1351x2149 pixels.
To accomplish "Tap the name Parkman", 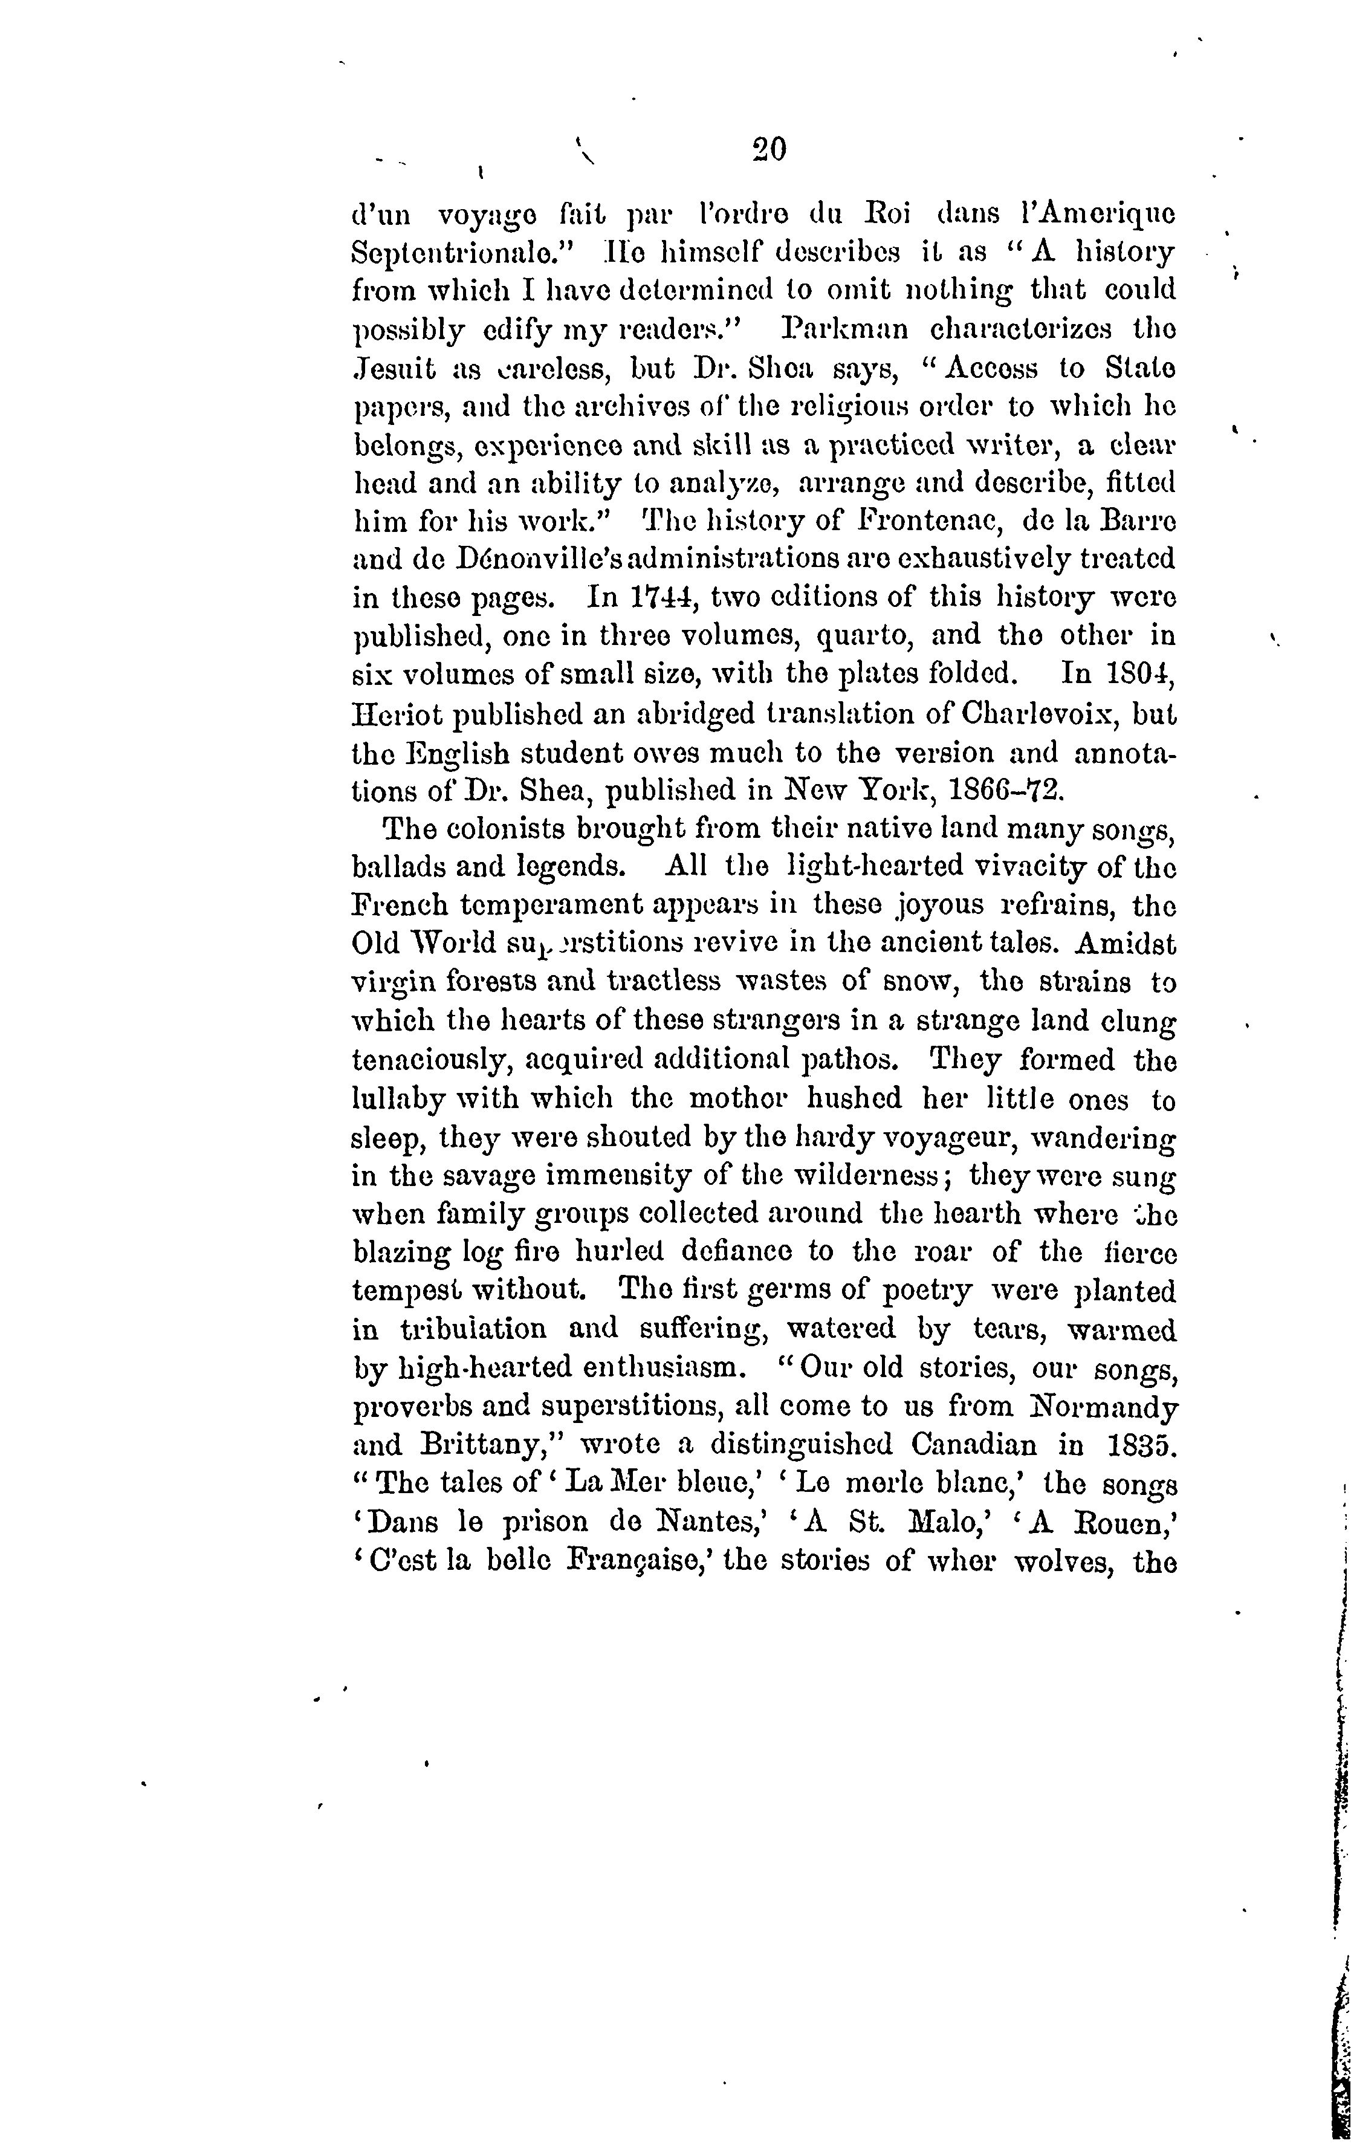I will pos(845,329).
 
